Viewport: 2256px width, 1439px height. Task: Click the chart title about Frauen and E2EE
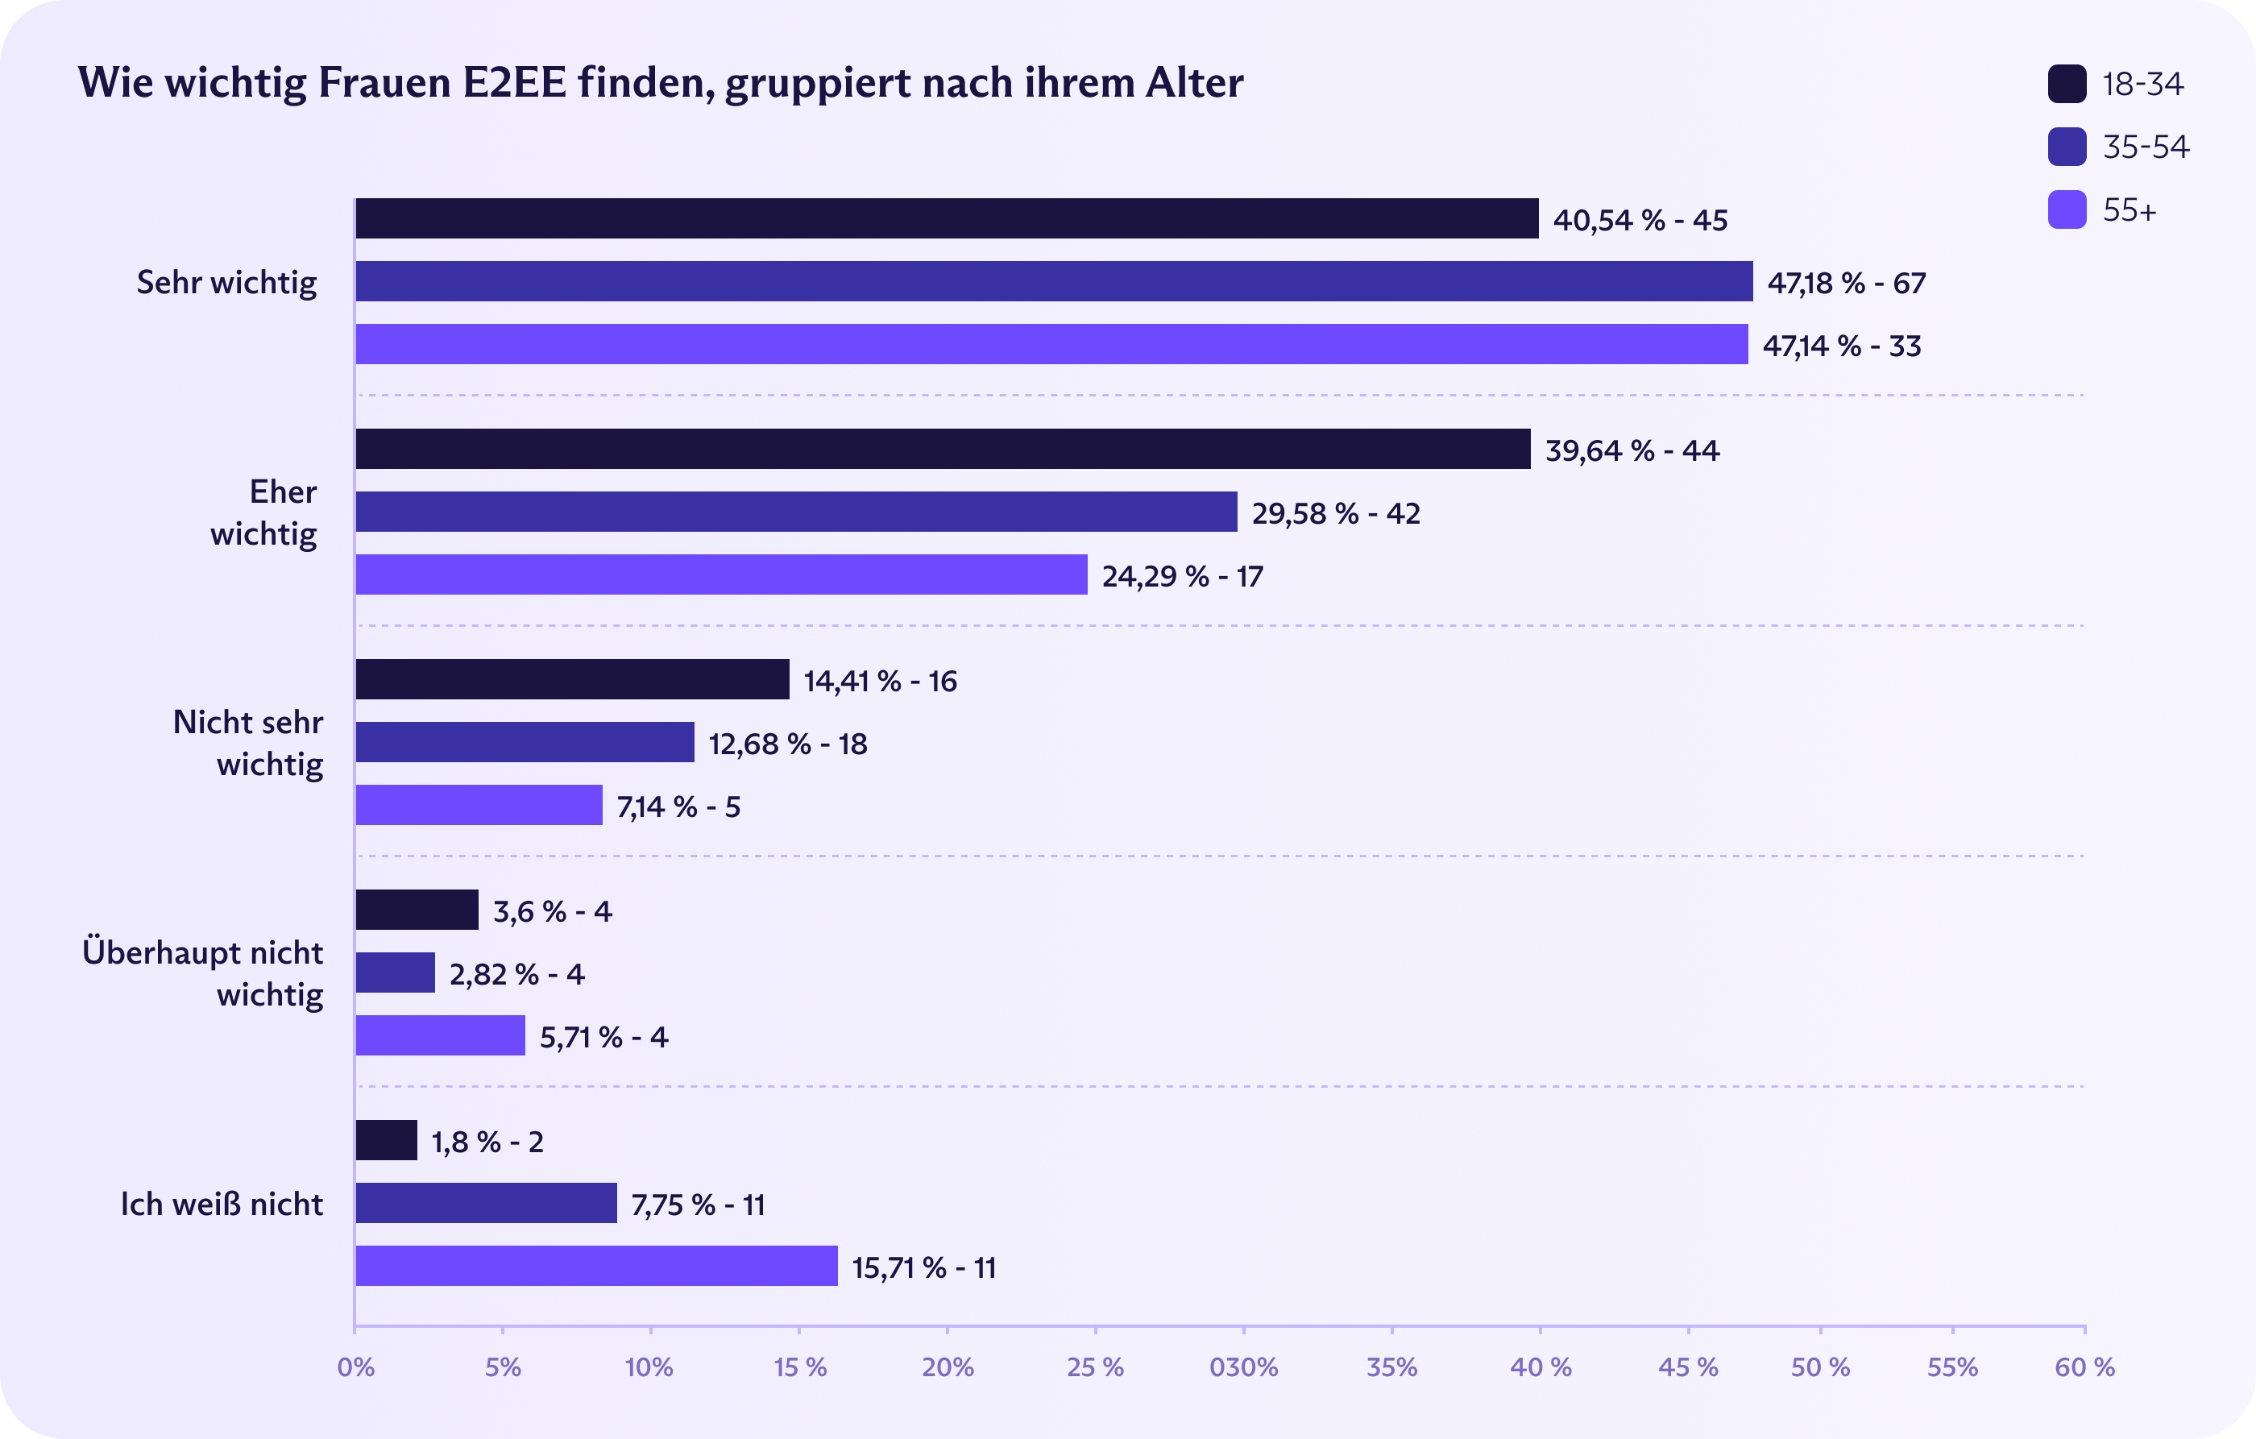pyautogui.click(x=661, y=82)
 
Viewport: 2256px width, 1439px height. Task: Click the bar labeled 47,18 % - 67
pyautogui.click(x=1053, y=281)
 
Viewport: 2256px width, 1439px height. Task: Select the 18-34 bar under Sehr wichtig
pyautogui.click(x=946, y=218)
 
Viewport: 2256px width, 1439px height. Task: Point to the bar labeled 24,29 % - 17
pyautogui.click(x=721, y=574)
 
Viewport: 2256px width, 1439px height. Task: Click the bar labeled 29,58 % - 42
pyautogui.click(x=796, y=512)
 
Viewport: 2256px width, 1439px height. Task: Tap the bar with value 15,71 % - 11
pyautogui.click(x=596, y=1266)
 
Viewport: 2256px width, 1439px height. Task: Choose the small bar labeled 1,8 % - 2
pyautogui.click(x=386, y=1140)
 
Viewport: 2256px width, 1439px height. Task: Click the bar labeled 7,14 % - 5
pyautogui.click(x=479, y=805)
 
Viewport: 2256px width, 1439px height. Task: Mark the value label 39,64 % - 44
pyautogui.click(x=1632, y=450)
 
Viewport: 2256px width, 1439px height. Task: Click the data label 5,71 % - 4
pyautogui.click(x=603, y=1037)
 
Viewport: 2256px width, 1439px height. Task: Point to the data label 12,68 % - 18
pyautogui.click(x=788, y=744)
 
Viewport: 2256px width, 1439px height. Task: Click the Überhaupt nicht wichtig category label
pyautogui.click(x=202, y=972)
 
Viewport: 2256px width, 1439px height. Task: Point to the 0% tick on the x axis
pyautogui.click(x=356, y=1366)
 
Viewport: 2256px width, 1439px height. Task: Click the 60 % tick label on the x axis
pyautogui.click(x=2084, y=1366)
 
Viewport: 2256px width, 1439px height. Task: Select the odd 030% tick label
pyautogui.click(x=1243, y=1366)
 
